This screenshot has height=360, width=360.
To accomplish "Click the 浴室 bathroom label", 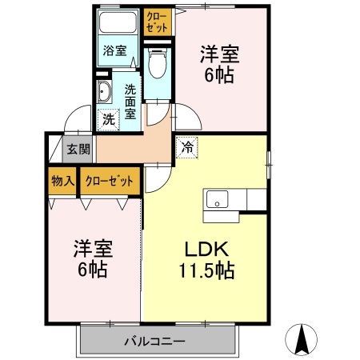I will pos(114,51).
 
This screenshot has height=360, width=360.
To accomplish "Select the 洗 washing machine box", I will pos(107,121).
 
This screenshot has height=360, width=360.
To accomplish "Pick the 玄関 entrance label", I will pos(77,148).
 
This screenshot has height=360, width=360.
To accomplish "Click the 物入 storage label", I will pos(62,181).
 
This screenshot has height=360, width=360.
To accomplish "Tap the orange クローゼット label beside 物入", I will pos(110,181).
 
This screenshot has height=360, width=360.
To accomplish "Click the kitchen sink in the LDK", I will pos(217,199).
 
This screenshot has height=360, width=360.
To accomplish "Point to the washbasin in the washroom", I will pos(105,93).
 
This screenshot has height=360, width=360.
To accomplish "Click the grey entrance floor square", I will pos(55,148).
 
